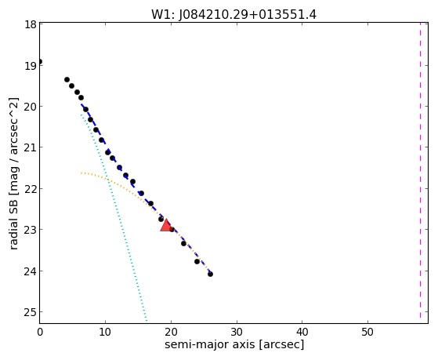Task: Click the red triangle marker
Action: [x=166, y=225]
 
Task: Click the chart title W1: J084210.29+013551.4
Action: [x=233, y=15]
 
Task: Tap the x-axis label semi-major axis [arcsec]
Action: [x=234, y=344]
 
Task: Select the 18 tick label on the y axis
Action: [x=31, y=24]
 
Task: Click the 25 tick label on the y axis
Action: [x=31, y=312]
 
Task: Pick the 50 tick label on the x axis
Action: [x=367, y=332]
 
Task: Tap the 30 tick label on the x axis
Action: [x=237, y=332]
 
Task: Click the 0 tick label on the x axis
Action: [x=40, y=332]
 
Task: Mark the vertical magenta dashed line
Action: [x=420, y=170]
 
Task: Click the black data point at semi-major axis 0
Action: [x=40, y=61]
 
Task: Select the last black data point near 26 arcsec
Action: [x=210, y=275]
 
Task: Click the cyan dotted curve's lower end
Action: [x=147, y=320]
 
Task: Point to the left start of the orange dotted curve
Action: [x=81, y=173]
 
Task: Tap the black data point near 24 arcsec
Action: [x=197, y=261]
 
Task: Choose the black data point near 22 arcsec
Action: [x=183, y=243]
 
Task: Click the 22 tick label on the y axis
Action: [x=31, y=189]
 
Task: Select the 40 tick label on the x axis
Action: [x=302, y=332]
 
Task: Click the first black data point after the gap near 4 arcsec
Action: [x=67, y=80]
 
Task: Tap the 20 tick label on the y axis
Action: [x=31, y=107]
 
